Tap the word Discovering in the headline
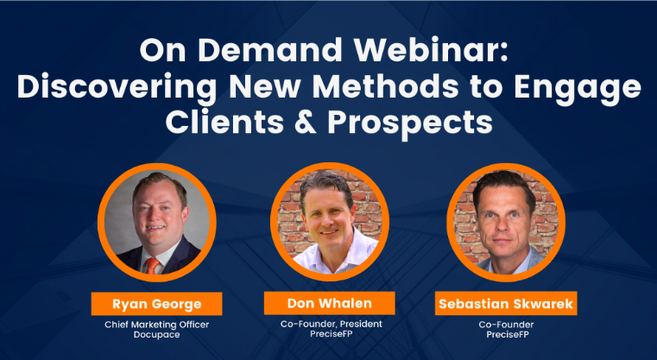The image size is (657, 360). coord(117,89)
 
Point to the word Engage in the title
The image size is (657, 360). coord(578,89)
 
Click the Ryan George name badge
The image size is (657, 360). coord(157,304)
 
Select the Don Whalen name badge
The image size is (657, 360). coord(329,303)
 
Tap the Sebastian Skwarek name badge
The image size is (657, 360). coord(506,303)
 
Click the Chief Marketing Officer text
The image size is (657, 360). coord(157,325)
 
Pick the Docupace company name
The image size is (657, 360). coord(157,335)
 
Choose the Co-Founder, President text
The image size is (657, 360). coord(331,324)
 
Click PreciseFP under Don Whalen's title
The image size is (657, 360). coord(331,334)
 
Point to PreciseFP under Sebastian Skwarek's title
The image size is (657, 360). coord(508,334)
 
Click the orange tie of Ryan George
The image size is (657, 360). coord(152,266)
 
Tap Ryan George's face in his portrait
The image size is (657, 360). coord(158,212)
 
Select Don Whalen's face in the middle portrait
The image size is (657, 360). coord(328,216)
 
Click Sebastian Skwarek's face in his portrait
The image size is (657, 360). coord(503,220)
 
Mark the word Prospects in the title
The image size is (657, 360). coord(410,123)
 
